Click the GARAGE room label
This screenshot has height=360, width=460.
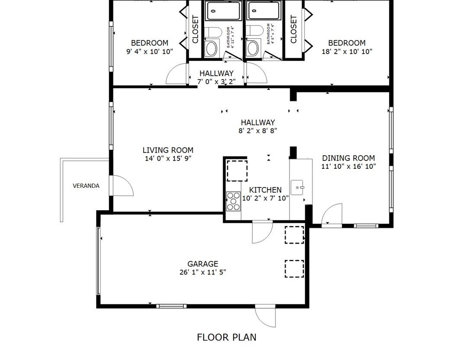tap(203, 264)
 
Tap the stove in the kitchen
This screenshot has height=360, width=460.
tap(234, 201)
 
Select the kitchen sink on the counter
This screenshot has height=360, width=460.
tap(298, 187)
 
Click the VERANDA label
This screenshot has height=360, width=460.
tap(86, 186)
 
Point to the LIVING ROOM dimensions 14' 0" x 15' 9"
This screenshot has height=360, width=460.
tap(168, 158)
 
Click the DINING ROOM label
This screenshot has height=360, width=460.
tap(348, 158)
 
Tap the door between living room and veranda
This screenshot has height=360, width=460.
tap(122, 186)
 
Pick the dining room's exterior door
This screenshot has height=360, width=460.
tap(332, 215)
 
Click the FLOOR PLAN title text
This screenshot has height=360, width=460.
tap(227, 337)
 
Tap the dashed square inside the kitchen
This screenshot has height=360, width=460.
tap(237, 170)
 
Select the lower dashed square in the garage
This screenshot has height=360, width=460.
tap(294, 268)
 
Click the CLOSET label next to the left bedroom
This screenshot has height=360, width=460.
tap(195, 29)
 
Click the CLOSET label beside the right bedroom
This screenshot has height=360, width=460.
tap(294, 29)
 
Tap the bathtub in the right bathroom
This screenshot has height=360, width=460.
tap(264, 10)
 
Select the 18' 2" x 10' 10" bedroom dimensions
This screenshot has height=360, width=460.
tap(347, 51)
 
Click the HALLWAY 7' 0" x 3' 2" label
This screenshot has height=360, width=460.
tap(216, 77)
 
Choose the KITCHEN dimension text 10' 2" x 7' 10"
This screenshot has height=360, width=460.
tap(265, 199)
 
